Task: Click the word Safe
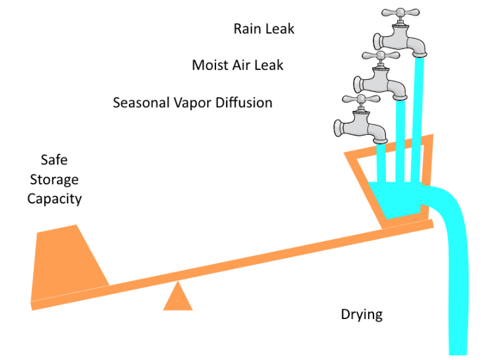(x=54, y=160)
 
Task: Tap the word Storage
(x=54, y=180)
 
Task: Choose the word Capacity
(x=54, y=199)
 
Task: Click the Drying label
(x=362, y=314)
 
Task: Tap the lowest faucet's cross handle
(x=361, y=100)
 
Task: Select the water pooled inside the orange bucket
(x=397, y=197)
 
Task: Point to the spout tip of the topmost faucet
(x=419, y=54)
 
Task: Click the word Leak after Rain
(x=282, y=28)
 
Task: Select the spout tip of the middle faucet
(x=400, y=96)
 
